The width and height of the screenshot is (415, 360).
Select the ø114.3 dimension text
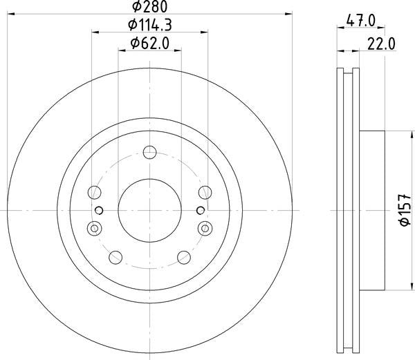pos(150,26)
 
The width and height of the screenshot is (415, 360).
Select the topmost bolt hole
pos(149,153)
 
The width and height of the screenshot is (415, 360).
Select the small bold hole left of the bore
pos(99,210)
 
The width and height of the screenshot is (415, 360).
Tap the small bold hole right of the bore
pos(201,210)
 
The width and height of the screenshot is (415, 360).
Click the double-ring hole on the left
pos(95,227)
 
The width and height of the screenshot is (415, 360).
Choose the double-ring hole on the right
pos(205,227)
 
